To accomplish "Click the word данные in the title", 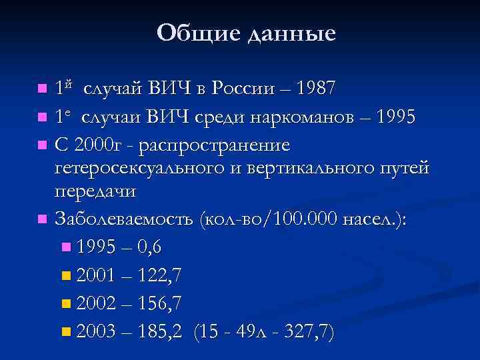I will coord(291,33).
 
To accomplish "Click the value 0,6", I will coord(147,247).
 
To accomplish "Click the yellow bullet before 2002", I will coord(65,304).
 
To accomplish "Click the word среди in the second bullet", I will coord(217,118).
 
